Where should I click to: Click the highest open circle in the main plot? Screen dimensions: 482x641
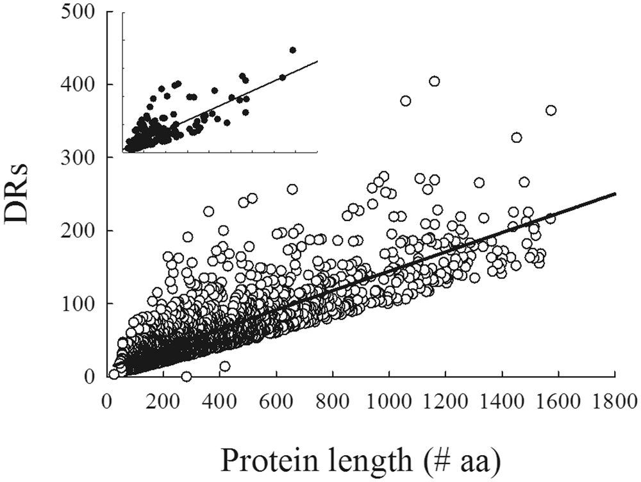pos(434,81)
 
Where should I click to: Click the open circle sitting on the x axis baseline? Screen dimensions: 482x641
pos(187,376)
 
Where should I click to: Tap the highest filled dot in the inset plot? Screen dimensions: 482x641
pos(292,49)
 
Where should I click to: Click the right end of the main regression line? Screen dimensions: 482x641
pos(615,194)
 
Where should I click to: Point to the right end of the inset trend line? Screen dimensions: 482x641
pos(318,62)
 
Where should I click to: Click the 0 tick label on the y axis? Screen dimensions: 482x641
pos(91,376)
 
